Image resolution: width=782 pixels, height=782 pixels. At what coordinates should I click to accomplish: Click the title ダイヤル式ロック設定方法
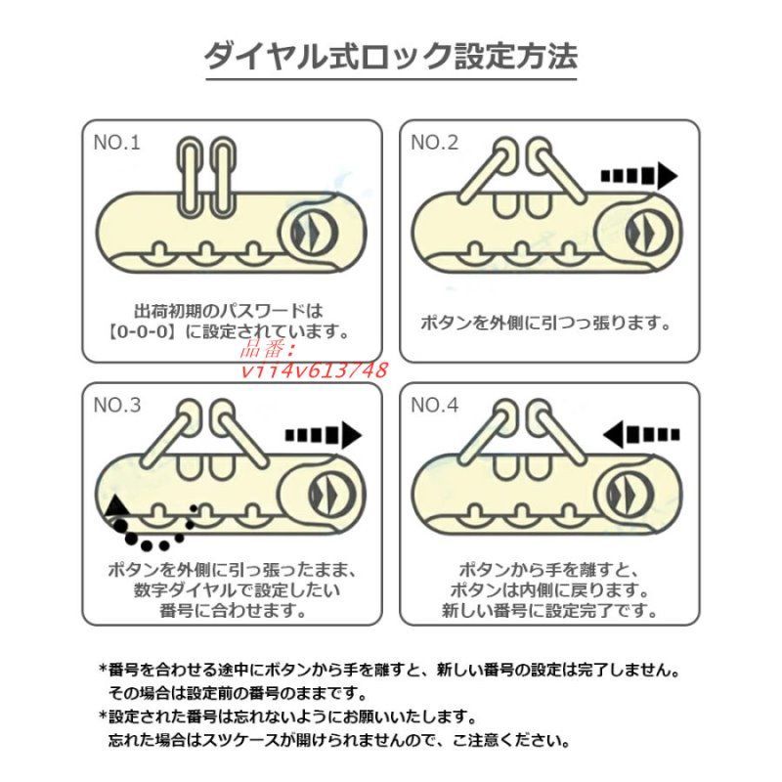pyautogui.click(x=391, y=57)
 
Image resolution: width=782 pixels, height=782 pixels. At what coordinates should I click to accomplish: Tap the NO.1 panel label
pyautogui.click(x=116, y=143)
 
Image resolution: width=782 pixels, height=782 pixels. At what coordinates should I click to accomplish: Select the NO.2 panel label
pyautogui.click(x=434, y=143)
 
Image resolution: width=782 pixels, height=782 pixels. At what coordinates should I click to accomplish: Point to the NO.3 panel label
pyautogui.click(x=117, y=406)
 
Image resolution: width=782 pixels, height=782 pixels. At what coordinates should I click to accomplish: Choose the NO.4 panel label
pyautogui.click(x=434, y=406)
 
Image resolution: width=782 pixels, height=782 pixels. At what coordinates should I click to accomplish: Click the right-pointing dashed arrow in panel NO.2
pyautogui.click(x=639, y=176)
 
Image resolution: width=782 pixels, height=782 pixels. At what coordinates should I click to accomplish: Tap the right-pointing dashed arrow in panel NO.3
pyautogui.click(x=324, y=435)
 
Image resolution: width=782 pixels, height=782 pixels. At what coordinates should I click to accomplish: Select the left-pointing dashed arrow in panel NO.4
pyautogui.click(x=641, y=434)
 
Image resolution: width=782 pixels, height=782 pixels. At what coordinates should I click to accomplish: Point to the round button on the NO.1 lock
pyautogui.click(x=308, y=233)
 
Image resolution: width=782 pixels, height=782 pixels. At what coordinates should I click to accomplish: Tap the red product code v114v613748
pyautogui.click(x=314, y=370)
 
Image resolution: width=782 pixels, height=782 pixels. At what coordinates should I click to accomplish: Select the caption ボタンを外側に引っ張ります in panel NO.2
pyautogui.click(x=545, y=324)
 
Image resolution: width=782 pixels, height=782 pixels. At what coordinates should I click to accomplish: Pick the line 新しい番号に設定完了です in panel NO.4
pyautogui.click(x=549, y=610)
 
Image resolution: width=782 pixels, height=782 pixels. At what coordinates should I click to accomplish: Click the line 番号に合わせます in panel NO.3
pyautogui.click(x=233, y=610)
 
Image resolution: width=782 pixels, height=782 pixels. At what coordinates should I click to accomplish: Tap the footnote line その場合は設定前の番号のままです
pyautogui.click(x=238, y=693)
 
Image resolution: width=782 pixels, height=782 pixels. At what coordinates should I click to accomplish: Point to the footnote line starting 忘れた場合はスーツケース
pyautogui.click(x=339, y=740)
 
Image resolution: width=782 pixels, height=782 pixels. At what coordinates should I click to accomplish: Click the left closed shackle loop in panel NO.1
pyautogui.click(x=190, y=176)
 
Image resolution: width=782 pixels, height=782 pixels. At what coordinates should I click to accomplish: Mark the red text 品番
pyautogui.click(x=267, y=350)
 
